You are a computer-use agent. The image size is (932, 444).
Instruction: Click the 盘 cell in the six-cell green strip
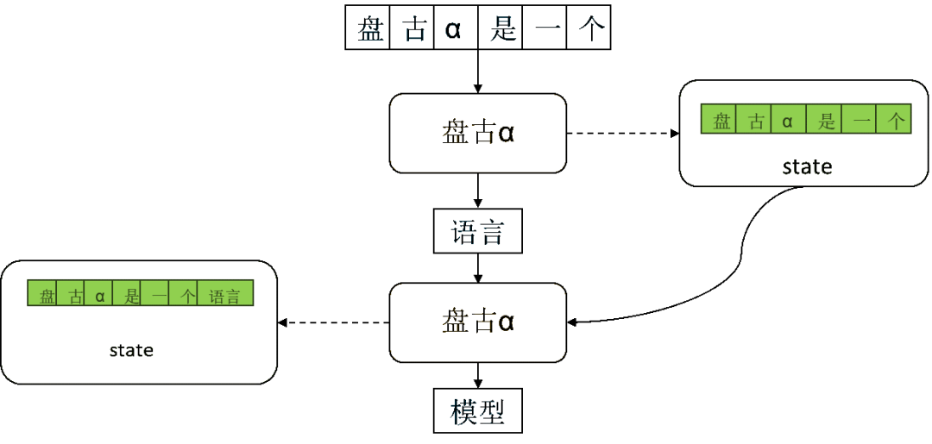click(721, 122)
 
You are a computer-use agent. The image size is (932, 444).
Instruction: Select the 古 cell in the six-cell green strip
click(757, 122)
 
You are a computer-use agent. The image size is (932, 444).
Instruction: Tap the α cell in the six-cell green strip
click(787, 122)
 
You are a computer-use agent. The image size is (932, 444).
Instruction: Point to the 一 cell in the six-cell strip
click(860, 122)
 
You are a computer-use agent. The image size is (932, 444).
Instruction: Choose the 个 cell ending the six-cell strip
click(896, 122)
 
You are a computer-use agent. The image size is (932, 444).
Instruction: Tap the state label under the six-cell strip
click(807, 168)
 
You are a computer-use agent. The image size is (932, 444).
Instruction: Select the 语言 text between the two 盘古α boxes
click(478, 232)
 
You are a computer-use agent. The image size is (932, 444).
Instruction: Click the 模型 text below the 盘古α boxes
click(476, 412)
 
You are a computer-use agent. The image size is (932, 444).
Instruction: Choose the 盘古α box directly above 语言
click(478, 134)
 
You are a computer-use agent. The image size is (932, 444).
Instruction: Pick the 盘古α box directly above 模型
click(478, 322)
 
